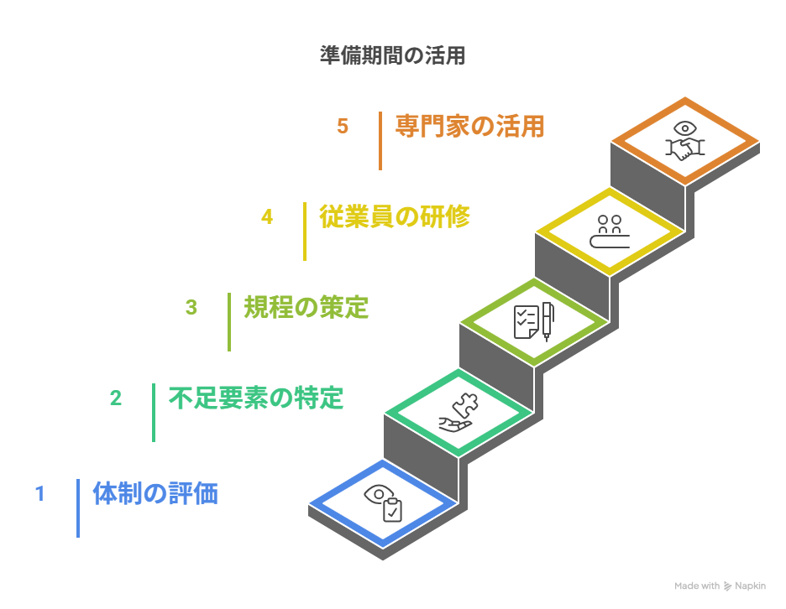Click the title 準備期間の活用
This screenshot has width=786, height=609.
[392, 56]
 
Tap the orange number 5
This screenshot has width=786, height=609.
[343, 127]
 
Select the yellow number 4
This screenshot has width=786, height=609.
[267, 217]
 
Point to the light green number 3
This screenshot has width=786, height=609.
[191, 308]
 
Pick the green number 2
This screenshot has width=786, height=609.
[116, 398]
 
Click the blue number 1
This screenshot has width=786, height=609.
[39, 494]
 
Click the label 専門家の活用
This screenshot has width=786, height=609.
[470, 127]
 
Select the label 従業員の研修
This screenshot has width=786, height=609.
[395, 217]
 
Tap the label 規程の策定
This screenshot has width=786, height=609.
[307, 308]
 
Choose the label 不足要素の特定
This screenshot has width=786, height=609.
[256, 398]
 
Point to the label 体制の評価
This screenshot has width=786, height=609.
[155, 494]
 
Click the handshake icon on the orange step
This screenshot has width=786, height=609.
[685, 141]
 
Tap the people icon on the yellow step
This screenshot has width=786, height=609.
[610, 232]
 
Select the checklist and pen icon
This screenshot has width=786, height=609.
[534, 321]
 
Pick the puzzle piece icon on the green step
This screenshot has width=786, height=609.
[458, 412]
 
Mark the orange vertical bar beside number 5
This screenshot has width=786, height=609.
[380, 141]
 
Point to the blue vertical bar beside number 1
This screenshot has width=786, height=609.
[78, 508]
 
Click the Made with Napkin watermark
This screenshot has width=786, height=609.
[720, 586]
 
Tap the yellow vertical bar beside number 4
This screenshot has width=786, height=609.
[305, 232]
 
